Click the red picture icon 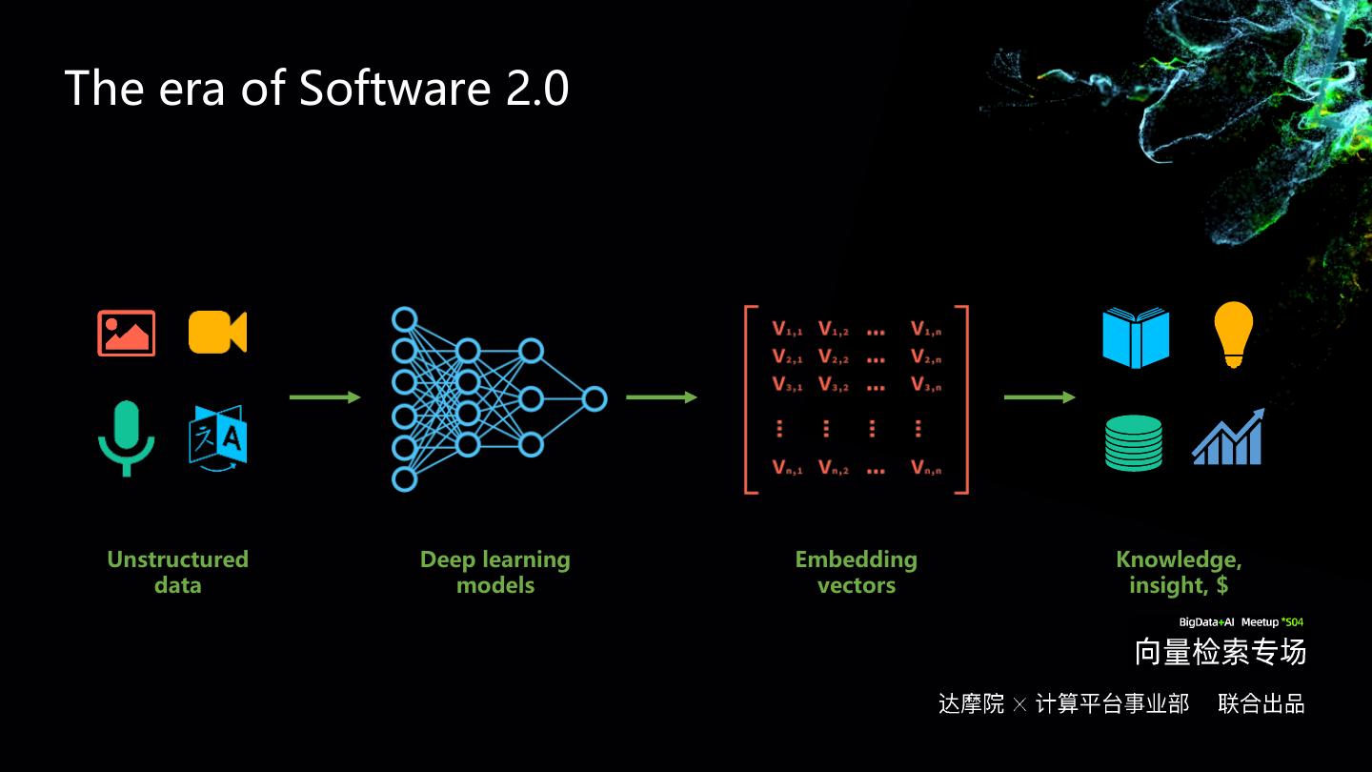click(x=126, y=333)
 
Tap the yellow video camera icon click(x=217, y=332)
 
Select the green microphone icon click(x=126, y=437)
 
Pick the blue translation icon click(x=217, y=437)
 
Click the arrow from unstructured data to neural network click(x=325, y=397)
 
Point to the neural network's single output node click(x=595, y=398)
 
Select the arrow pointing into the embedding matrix click(x=661, y=397)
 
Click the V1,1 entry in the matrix click(x=787, y=330)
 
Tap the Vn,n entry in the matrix click(x=926, y=468)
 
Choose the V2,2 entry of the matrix click(x=833, y=358)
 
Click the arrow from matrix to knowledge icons click(x=1039, y=397)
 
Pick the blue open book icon click(x=1136, y=337)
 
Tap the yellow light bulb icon click(x=1233, y=334)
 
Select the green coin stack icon click(x=1134, y=442)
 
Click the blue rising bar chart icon click(x=1228, y=438)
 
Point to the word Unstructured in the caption click(x=177, y=559)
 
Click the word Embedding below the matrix click(x=856, y=559)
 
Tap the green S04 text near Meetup click(x=1294, y=622)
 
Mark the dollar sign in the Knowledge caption click(x=1221, y=585)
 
